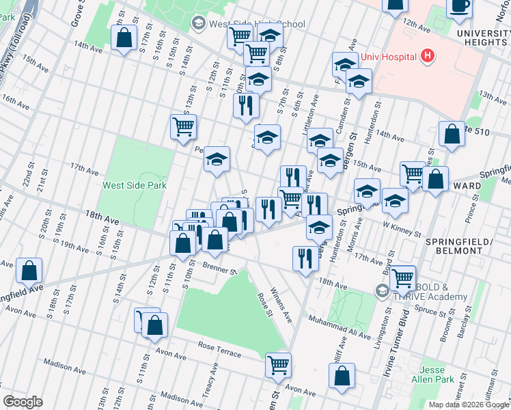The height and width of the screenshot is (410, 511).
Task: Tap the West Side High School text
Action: coord(256,24)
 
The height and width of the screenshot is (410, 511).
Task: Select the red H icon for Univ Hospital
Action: coord(428,55)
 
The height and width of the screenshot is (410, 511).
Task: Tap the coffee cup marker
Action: coord(459,5)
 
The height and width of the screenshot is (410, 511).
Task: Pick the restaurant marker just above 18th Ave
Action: coord(305,258)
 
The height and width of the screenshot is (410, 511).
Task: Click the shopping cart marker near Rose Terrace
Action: coord(278,365)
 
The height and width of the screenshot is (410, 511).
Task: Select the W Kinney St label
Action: coord(402,228)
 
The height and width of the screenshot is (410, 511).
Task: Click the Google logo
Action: coord(23,402)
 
